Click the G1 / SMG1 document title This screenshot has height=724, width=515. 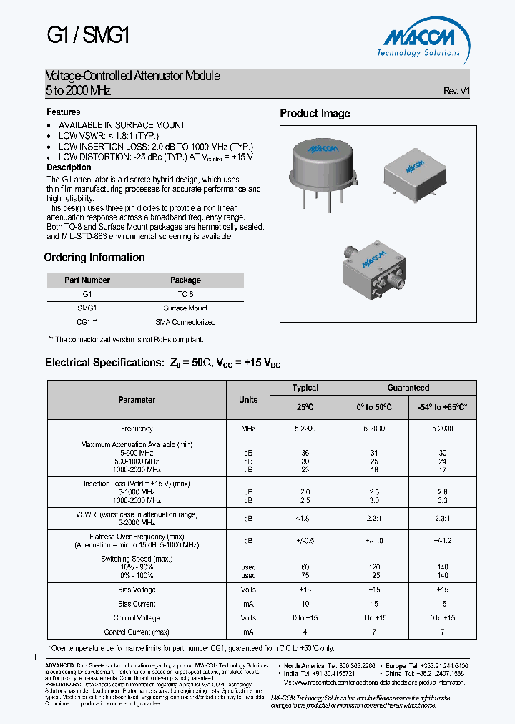point(87,35)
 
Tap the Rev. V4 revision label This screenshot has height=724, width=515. point(456,91)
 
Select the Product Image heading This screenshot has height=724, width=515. point(315,114)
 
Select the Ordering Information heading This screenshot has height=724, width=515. point(94,258)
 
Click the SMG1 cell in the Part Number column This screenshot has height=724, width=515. point(87,308)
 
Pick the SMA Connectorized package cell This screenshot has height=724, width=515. point(185,322)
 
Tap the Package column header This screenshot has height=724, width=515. point(185,280)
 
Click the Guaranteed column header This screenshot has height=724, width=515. point(408,388)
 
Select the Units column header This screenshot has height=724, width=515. point(248,400)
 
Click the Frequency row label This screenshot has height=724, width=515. point(137,429)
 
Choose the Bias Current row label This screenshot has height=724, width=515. point(137,604)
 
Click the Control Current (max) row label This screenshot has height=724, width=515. point(137,632)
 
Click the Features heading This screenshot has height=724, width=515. point(64,112)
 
